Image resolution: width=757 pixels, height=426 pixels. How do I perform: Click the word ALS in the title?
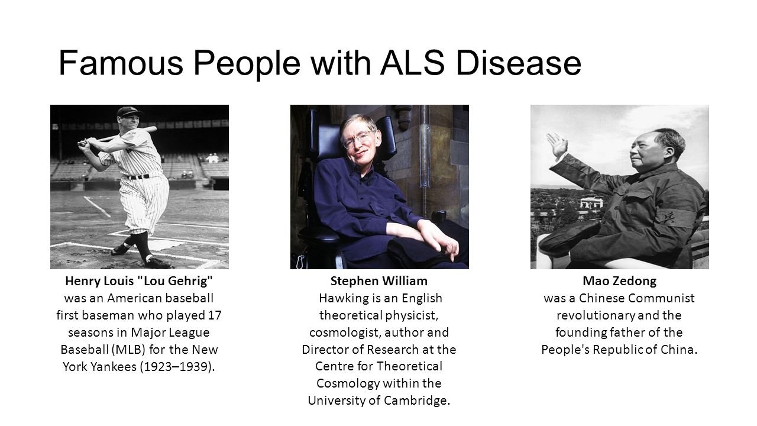[412, 63]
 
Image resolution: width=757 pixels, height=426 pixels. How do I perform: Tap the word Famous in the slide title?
[121, 63]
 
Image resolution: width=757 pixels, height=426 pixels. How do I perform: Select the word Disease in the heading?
[519, 63]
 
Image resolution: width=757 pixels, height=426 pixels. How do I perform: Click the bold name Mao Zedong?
[619, 281]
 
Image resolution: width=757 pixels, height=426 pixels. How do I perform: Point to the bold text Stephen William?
[379, 281]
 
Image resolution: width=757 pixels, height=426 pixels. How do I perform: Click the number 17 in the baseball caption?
[215, 315]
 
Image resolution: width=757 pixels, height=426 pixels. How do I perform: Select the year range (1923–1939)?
[177, 366]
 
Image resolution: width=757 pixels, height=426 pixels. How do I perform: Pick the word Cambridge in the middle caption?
[417, 401]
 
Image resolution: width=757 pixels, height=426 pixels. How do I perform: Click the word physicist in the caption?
[412, 315]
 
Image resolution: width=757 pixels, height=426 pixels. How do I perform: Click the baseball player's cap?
[130, 111]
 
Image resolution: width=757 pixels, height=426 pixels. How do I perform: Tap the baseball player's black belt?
[139, 176]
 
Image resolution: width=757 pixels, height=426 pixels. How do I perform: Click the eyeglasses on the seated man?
[358, 139]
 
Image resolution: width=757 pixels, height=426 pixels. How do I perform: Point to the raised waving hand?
[557, 144]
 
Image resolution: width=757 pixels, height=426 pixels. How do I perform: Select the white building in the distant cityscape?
[592, 203]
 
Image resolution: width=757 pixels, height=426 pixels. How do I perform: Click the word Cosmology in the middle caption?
[348, 383]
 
